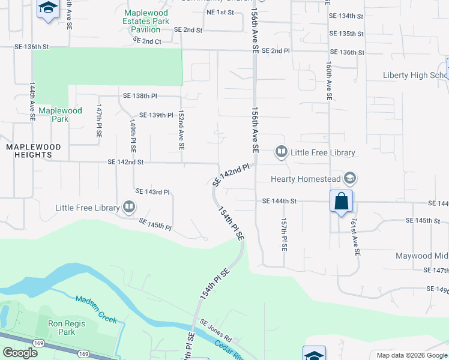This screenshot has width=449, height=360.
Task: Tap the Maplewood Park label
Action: pos(60,115)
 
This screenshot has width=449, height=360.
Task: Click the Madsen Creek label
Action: pos(97,308)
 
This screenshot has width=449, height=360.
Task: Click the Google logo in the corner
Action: pos(20,353)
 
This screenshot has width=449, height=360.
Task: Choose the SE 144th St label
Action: pos(280,202)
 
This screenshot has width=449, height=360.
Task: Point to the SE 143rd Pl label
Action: pos(153,192)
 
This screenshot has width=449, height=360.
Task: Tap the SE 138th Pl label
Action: pos(140,96)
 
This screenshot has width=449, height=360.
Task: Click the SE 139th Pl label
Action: pos(156,115)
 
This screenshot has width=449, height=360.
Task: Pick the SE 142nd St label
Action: pos(125,162)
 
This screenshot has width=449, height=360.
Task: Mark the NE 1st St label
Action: pos(219,13)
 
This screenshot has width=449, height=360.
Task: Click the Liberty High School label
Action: pos(414,76)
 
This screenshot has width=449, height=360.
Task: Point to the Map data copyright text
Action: pos(411,355)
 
